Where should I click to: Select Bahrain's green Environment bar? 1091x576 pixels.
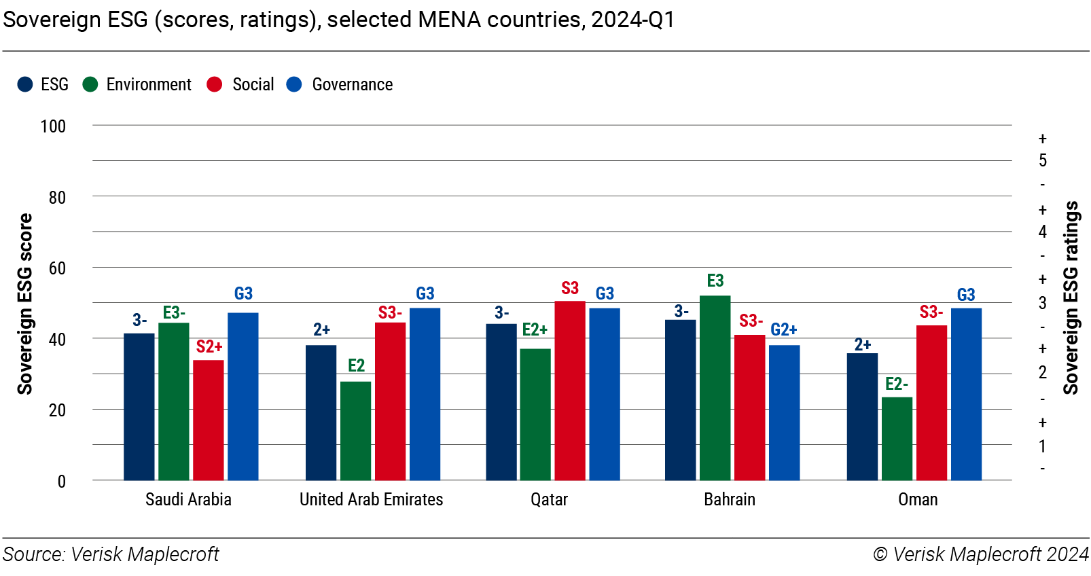[x=715, y=388]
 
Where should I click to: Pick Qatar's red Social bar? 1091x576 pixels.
[x=569, y=391]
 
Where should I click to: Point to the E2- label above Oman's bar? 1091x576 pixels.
[x=897, y=384]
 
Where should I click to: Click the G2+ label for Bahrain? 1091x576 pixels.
[x=784, y=330]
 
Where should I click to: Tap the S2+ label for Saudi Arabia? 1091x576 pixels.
[x=209, y=347]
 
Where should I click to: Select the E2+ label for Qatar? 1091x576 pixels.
[x=535, y=330]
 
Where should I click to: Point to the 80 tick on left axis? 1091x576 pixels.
[x=57, y=198]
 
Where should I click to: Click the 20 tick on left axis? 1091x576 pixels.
[x=57, y=410]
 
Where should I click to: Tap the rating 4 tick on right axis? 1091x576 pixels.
[x=1042, y=232]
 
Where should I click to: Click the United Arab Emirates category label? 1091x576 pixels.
[x=371, y=500]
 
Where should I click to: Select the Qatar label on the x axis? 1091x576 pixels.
[x=549, y=500]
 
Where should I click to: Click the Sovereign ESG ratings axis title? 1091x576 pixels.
[x=1071, y=298]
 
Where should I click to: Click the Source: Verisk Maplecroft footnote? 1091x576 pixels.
[x=111, y=554]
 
